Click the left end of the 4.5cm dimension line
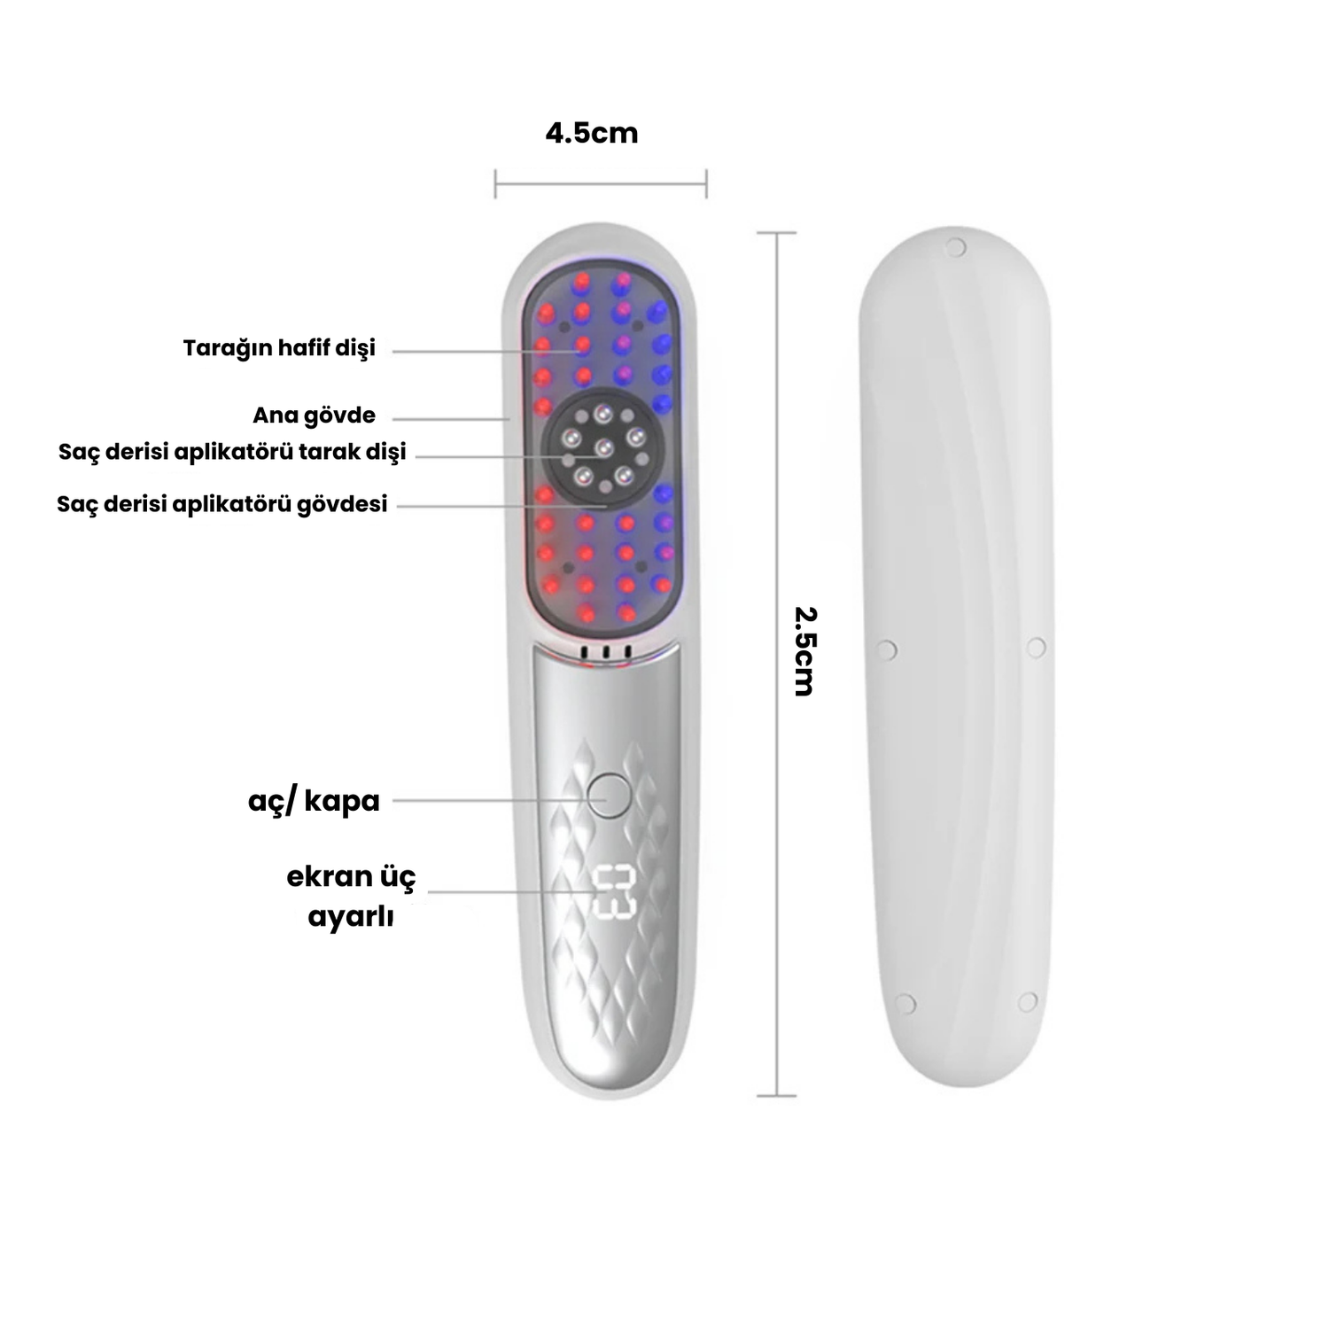[495, 184]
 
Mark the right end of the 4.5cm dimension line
[706, 184]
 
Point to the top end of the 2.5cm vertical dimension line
[777, 233]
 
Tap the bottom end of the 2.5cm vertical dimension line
[777, 1096]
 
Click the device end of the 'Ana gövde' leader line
[509, 418]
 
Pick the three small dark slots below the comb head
[604, 653]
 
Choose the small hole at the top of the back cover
[955, 247]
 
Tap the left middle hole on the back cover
[886, 649]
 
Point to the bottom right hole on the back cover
[1027, 1002]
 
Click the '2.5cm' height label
[804, 651]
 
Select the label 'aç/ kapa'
[314, 801]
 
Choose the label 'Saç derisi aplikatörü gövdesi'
[222, 504]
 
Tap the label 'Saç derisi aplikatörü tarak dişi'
[232, 452]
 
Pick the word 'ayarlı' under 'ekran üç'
[351, 917]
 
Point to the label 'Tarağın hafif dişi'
[279, 348]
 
